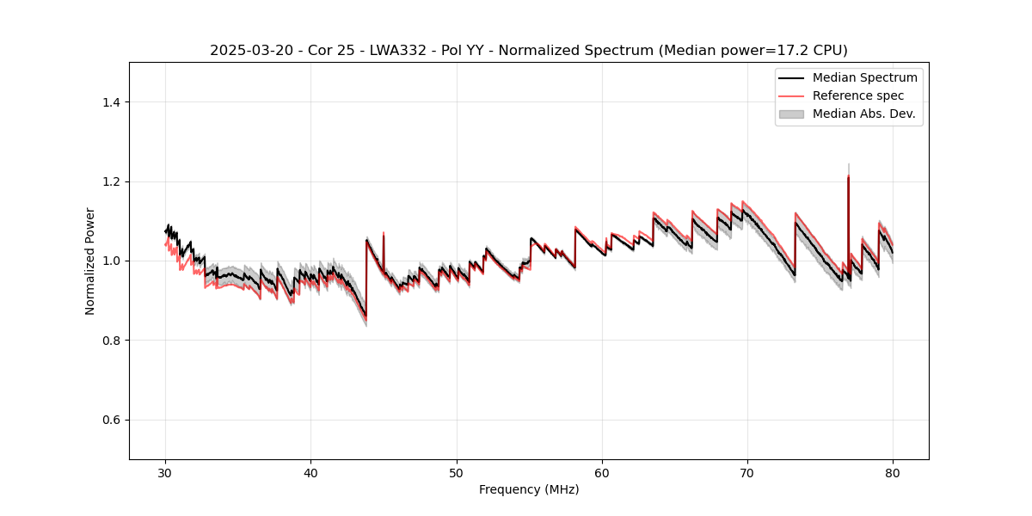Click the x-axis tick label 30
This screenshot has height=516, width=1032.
coord(165,473)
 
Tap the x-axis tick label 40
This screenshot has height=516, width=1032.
coord(310,473)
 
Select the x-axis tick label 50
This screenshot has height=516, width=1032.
coord(457,473)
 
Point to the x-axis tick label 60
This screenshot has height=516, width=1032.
coord(602,473)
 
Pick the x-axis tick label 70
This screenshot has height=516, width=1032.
coord(747,473)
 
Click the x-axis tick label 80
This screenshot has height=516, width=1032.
coord(893,473)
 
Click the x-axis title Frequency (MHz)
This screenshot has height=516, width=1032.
coord(529,489)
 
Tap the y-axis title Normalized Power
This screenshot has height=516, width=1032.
coord(90,261)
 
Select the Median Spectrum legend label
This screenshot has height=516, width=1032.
coord(864,77)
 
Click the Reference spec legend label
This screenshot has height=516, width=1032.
coord(857,95)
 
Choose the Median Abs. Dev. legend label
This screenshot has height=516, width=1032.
coord(863,114)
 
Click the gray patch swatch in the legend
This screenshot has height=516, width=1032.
coord(791,114)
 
